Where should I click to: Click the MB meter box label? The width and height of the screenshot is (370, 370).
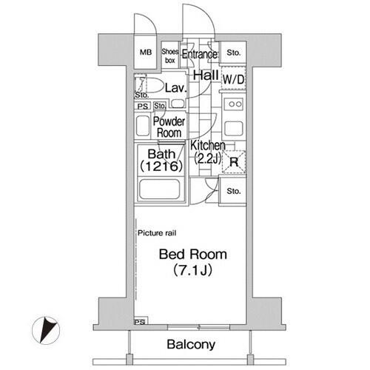146,53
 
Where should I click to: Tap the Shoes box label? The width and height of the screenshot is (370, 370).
170,55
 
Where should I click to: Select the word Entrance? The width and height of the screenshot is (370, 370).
200,54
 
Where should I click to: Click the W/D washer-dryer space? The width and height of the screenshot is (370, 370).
233,79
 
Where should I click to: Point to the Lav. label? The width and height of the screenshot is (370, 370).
175,88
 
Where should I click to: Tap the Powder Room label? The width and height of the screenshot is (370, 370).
169,127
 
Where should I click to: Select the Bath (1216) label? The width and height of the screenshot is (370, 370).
161,161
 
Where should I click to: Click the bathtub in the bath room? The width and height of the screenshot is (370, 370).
160,189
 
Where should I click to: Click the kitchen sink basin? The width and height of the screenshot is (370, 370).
234,129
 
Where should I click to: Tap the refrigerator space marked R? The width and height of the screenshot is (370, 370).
234,161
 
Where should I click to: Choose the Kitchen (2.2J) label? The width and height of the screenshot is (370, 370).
208,152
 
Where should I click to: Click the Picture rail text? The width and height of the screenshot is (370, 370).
157,233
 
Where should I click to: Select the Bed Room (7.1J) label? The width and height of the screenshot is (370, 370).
193,263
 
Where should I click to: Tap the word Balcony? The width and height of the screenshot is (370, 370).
191,345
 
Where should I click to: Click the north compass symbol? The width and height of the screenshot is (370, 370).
46,330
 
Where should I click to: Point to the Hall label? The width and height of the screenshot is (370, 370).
206,75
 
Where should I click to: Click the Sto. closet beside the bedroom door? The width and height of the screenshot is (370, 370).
233,191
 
